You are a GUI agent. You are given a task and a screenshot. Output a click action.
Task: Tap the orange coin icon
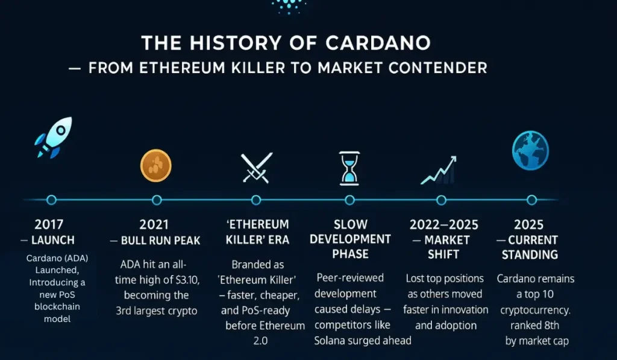156,165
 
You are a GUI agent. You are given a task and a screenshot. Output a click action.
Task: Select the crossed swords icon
257,168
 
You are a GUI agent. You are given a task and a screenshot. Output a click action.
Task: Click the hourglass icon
349,168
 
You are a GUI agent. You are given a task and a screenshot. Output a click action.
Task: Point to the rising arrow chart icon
439,170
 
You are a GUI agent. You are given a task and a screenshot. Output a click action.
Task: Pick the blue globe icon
530,151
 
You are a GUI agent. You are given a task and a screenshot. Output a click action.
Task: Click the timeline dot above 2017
51,200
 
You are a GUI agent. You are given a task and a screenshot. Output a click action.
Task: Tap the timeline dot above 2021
157,200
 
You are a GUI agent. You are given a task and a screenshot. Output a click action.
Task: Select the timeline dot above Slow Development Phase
349,200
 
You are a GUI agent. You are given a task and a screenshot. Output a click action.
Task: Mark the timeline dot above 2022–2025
442,200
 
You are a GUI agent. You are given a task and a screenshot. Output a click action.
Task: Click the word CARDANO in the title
378,43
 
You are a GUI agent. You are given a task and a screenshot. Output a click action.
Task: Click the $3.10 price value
187,280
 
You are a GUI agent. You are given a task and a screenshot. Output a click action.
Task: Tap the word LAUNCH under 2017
53,240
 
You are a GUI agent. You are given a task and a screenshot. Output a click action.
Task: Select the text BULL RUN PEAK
160,240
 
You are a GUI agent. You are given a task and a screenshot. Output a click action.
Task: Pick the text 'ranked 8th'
535,326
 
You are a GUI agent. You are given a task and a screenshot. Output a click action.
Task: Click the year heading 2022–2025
444,224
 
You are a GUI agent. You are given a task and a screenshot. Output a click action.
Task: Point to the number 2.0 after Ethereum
260,341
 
